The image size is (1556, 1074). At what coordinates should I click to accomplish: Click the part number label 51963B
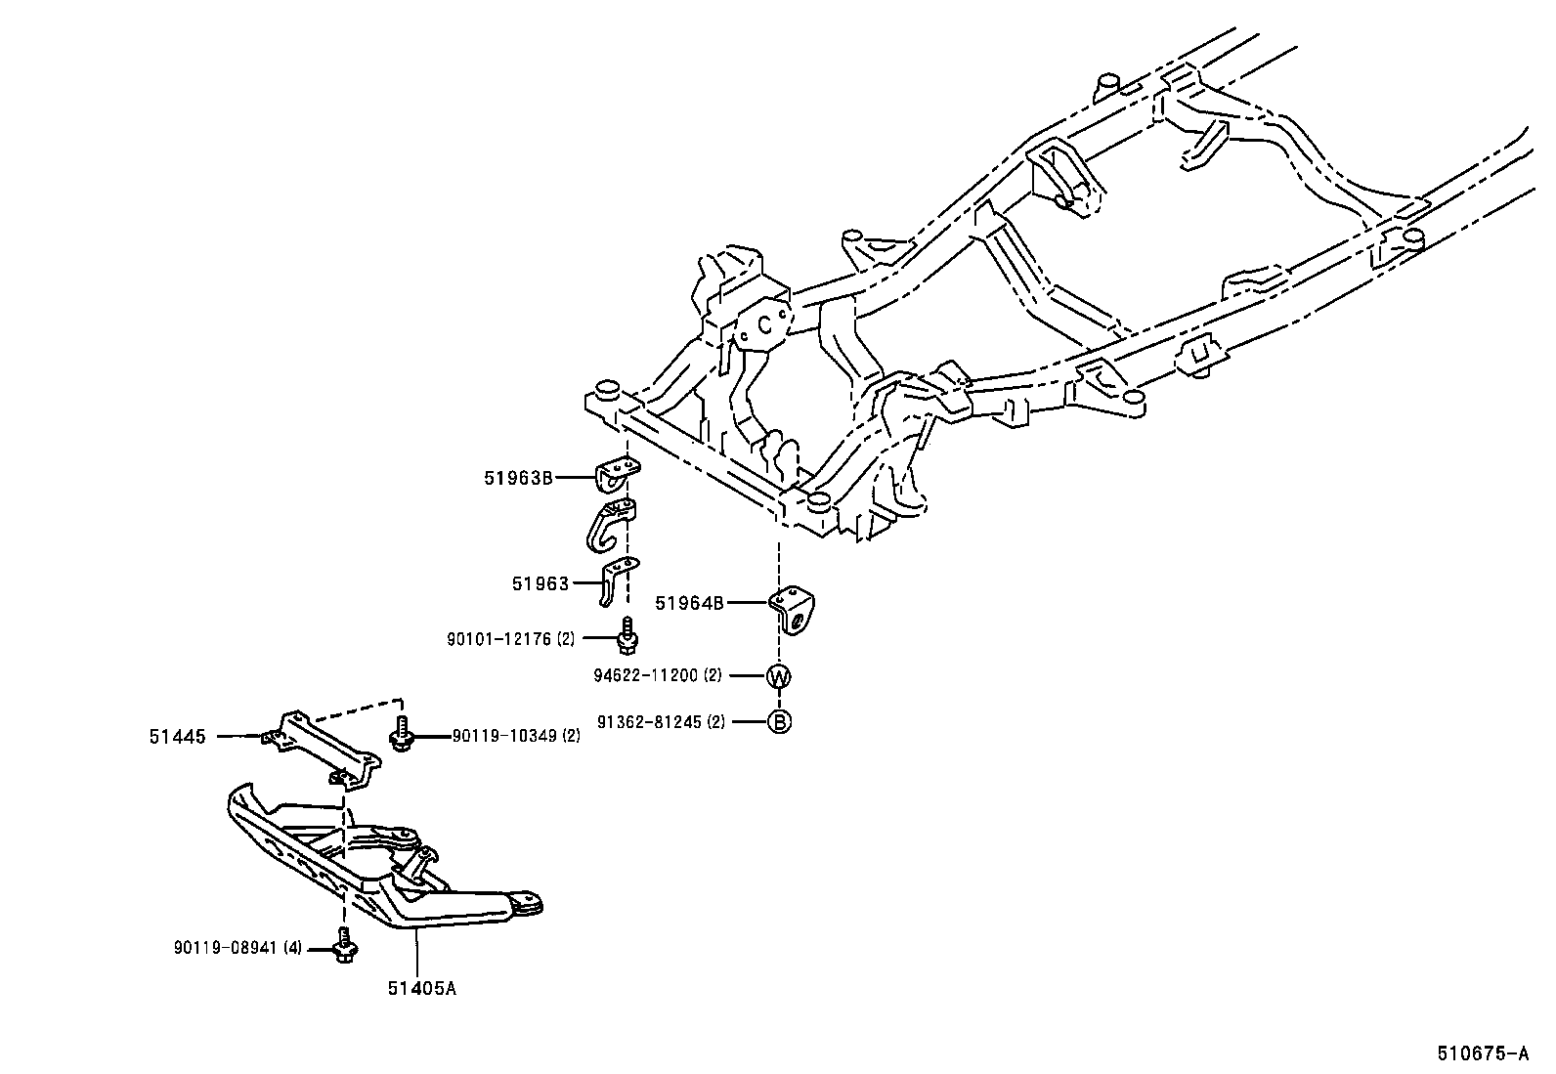518,478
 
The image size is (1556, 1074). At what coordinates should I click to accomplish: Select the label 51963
540,583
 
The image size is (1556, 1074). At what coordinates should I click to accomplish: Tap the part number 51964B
689,603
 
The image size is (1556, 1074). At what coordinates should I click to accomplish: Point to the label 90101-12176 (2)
511,639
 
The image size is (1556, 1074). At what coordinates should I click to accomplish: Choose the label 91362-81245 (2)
662,722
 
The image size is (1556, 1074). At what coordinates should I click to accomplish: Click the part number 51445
178,737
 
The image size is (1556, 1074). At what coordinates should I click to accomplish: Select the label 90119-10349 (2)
516,736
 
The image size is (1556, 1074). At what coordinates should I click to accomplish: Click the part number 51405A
421,988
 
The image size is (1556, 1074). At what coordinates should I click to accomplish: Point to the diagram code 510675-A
1482,1053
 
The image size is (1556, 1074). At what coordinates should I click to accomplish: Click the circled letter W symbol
779,675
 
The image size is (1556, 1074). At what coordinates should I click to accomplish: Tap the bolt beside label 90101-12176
628,636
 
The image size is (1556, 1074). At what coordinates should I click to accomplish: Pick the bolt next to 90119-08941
344,946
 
